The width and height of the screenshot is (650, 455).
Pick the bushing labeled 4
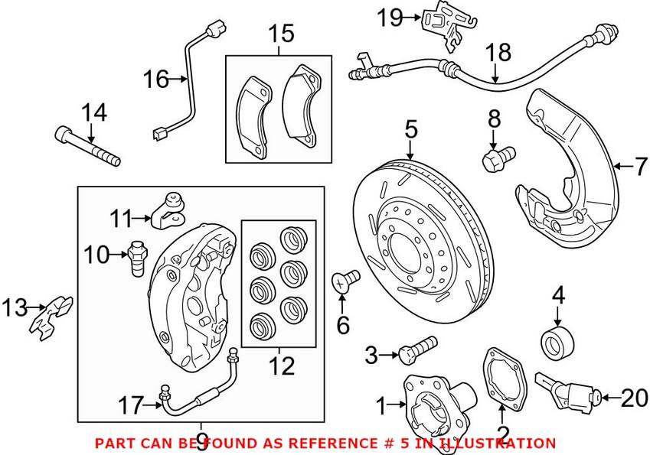click(557, 339)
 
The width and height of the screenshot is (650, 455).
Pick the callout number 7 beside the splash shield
click(640, 166)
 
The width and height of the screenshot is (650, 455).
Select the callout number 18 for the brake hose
click(498, 53)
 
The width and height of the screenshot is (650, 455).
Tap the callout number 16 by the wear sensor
click(157, 78)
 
